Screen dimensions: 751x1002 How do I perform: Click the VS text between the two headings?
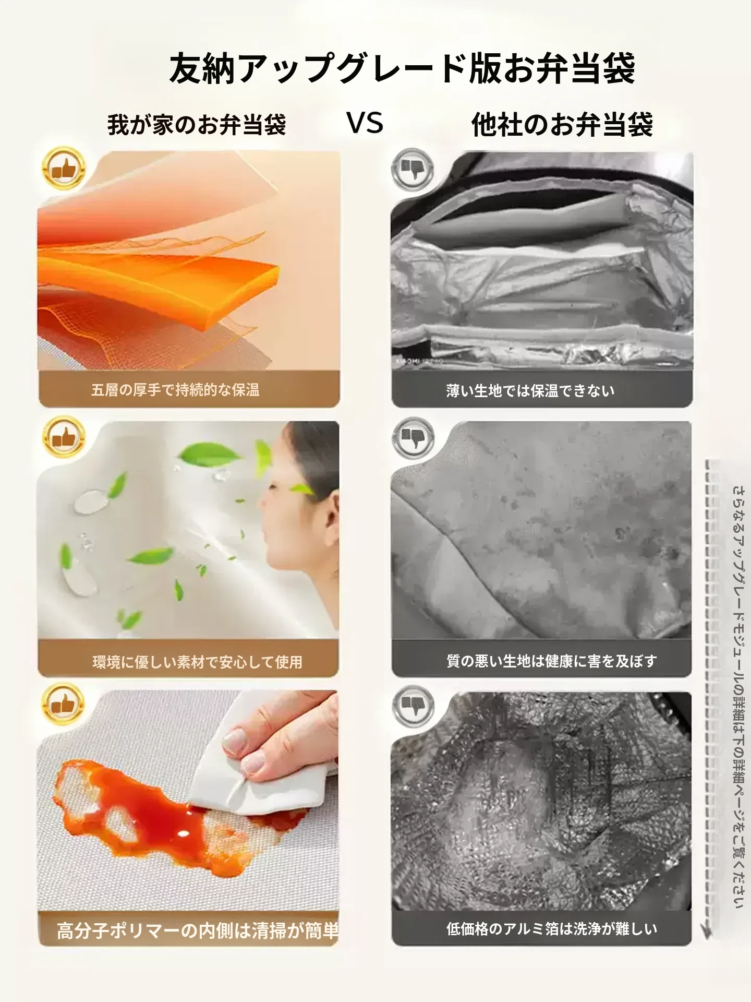365,123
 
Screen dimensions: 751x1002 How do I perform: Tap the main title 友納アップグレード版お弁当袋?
402,68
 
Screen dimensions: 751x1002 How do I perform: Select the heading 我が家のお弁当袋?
197,125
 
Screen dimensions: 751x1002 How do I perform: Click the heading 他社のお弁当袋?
562,125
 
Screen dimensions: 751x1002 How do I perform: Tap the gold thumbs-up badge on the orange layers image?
63,168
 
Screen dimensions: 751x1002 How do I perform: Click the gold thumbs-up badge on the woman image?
63,437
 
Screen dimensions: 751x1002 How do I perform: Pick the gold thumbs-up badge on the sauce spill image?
63,705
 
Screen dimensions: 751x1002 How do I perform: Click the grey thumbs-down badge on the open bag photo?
413,169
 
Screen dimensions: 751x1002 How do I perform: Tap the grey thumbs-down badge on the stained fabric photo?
413,437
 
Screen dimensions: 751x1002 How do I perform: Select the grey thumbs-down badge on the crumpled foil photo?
413,706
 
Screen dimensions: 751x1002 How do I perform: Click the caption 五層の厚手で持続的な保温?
175,390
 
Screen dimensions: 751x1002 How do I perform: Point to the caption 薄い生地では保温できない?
530,390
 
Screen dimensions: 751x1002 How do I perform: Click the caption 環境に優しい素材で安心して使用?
197,662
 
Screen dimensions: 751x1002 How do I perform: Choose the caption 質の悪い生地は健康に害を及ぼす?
551,661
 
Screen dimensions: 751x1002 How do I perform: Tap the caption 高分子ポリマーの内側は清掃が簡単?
198,931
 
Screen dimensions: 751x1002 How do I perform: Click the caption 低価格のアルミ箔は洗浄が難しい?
551,928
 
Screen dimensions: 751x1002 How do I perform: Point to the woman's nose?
264,505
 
